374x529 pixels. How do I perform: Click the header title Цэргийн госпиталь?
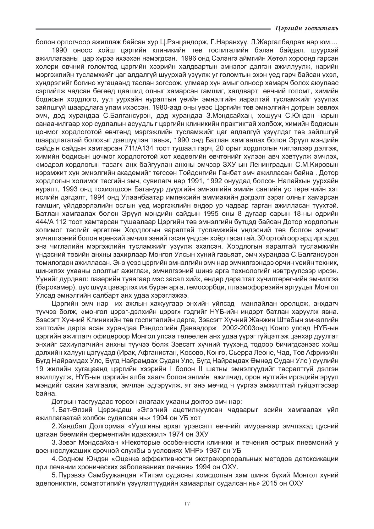pos(306,29)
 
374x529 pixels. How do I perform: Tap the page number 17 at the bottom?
pos(187,504)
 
